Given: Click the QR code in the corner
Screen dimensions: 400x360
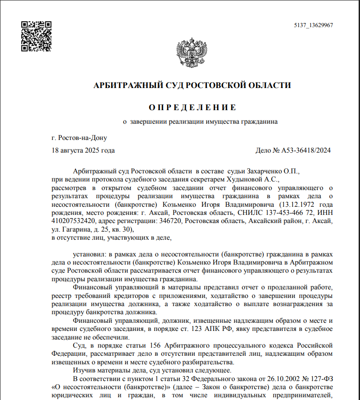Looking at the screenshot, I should coord(36,36).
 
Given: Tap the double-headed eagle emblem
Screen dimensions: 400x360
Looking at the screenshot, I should coord(191,54).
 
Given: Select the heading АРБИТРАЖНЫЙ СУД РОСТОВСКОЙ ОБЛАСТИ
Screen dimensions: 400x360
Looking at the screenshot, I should coord(192,85).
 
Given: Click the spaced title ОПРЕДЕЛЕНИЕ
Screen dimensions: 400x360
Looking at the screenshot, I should coord(192,107).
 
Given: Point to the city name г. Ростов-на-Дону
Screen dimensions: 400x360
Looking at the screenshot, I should coord(79,138).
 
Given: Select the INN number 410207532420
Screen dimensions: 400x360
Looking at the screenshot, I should coord(73,221).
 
